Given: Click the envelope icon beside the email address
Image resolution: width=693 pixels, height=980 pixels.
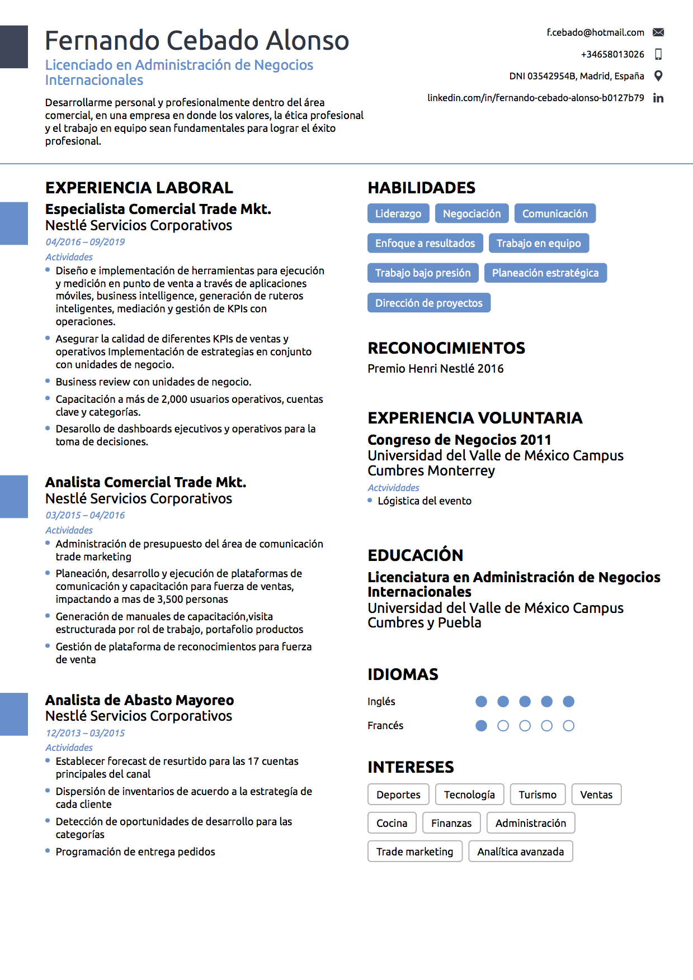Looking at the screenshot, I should point(658,32).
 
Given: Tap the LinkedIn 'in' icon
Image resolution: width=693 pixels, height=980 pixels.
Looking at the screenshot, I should point(658,98).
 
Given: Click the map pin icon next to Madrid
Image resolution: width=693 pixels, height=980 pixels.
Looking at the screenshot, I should point(658,76).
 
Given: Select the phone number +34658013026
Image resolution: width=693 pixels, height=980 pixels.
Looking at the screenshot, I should point(612,54).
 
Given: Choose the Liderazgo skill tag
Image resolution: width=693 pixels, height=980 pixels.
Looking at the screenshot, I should point(398,213).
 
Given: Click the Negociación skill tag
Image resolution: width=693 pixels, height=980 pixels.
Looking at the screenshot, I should point(472,213).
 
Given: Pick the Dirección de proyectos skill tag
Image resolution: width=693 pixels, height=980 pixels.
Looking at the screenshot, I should point(428,303).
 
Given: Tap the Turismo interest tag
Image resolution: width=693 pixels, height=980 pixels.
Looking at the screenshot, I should point(538,795).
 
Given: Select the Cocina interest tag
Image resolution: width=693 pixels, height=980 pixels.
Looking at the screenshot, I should point(392,823).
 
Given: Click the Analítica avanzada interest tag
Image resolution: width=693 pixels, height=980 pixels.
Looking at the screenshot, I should point(520,851).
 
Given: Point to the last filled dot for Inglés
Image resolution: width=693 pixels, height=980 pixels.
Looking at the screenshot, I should point(568,702).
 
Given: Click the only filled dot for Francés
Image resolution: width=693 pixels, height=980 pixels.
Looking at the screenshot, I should point(481,726).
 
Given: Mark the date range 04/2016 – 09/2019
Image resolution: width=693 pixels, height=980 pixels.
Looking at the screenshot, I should point(85,242).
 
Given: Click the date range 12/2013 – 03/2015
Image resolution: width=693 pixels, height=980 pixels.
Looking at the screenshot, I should point(85,733).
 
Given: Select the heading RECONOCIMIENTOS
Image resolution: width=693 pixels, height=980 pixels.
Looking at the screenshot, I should point(446,348).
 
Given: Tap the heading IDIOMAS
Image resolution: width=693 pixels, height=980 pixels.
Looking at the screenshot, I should point(403,674).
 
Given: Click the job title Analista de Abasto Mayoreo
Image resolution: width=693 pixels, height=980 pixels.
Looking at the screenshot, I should point(139,700).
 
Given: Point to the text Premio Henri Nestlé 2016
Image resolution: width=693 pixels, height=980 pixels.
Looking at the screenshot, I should point(435,369).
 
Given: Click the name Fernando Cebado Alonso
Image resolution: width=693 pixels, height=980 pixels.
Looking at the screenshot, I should point(197,41).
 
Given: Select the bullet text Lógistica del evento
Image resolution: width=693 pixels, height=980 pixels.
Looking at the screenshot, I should point(424,501).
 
